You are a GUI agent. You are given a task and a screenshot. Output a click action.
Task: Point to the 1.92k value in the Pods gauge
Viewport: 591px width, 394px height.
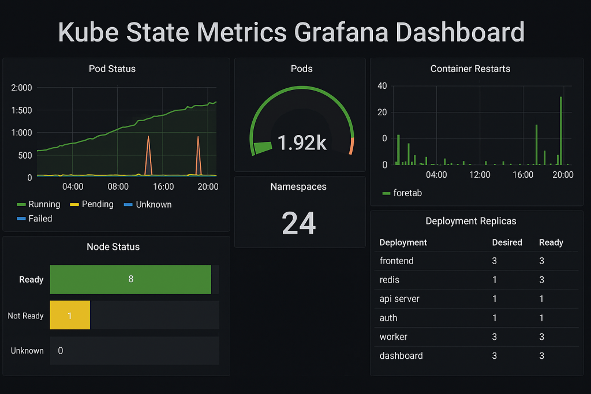tap(302, 142)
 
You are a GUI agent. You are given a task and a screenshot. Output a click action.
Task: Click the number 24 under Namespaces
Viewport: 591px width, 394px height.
tap(299, 223)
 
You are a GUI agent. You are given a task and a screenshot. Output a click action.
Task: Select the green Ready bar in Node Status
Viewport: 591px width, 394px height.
tap(130, 279)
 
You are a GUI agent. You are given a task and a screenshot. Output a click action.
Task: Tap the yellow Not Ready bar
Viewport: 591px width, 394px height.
tap(70, 316)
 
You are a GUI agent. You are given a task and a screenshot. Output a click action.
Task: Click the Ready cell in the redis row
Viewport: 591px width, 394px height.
tap(541, 280)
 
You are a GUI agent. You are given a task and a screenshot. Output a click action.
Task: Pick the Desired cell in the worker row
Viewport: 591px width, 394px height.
tap(494, 337)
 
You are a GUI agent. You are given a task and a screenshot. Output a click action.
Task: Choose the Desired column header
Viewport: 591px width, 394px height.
tap(507, 242)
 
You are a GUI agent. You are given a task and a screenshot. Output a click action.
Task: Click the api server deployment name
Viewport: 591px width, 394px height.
tap(399, 299)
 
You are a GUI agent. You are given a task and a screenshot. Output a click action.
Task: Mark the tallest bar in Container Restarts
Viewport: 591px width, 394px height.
tap(560, 130)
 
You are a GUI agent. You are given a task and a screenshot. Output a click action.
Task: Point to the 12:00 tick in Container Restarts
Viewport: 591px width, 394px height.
tap(480, 175)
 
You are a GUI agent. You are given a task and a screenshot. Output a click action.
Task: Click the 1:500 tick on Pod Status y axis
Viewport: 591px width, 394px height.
tap(21, 110)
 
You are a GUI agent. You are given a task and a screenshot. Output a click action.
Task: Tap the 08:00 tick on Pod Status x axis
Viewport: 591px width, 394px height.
tap(118, 186)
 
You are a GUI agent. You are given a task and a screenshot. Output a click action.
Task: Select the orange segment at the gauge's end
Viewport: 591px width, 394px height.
tap(351, 146)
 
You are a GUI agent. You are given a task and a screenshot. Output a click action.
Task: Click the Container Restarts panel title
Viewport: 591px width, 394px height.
tap(470, 69)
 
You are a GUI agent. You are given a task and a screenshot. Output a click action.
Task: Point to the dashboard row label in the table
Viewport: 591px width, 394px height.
tap(401, 356)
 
